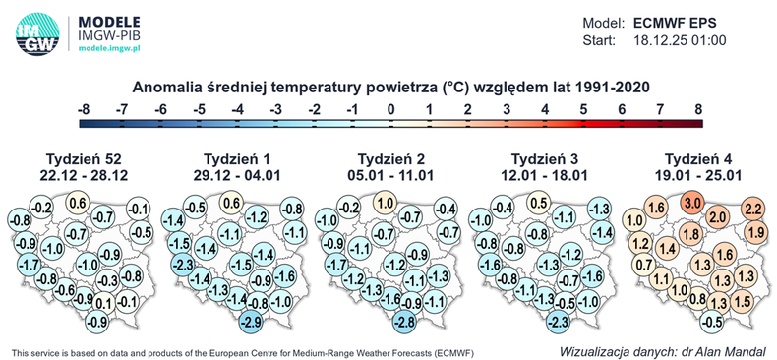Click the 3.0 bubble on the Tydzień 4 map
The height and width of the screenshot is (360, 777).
pos(692,203)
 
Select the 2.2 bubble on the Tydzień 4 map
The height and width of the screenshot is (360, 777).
pos(753,209)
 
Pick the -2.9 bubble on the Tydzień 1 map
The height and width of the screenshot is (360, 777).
pos(251,321)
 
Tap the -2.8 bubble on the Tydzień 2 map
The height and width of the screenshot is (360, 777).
pos(404,321)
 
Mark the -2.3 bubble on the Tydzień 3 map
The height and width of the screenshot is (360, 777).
pos(558,321)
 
